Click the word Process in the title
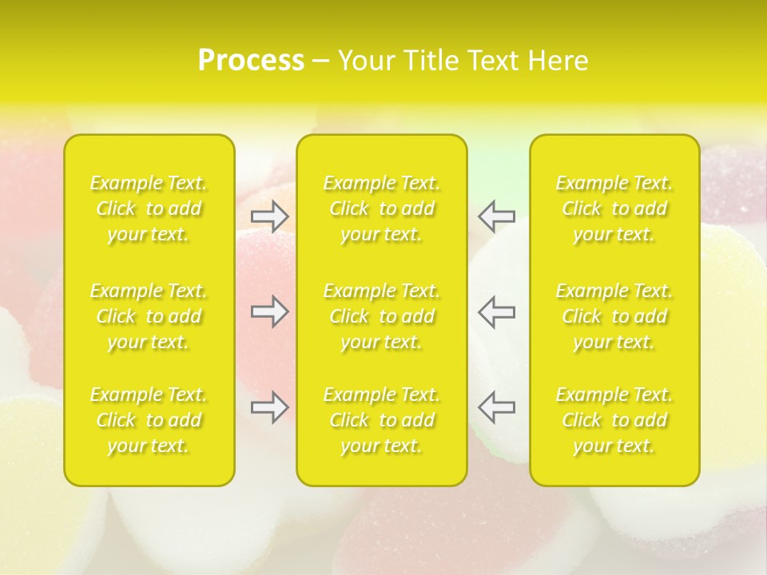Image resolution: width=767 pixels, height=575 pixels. [x=251, y=61]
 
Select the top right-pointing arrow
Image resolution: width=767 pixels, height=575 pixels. [x=269, y=215]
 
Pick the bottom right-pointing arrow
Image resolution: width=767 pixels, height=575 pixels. [x=269, y=407]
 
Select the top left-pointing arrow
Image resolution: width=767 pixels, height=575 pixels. [x=496, y=215]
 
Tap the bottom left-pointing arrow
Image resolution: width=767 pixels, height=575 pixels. [x=496, y=407]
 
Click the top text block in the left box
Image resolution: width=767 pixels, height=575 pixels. [x=149, y=208]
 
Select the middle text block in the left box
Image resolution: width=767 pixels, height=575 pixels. [x=149, y=316]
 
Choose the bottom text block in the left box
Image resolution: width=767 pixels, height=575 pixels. [x=149, y=420]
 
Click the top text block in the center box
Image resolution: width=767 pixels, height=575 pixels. [x=381, y=208]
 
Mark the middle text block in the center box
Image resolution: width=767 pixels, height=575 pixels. [x=381, y=316]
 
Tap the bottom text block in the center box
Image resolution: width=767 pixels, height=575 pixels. [x=381, y=420]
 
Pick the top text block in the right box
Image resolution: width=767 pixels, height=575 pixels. [x=614, y=208]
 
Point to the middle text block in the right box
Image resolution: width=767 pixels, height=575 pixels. [x=614, y=316]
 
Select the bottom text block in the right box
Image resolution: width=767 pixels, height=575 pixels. [x=614, y=420]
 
